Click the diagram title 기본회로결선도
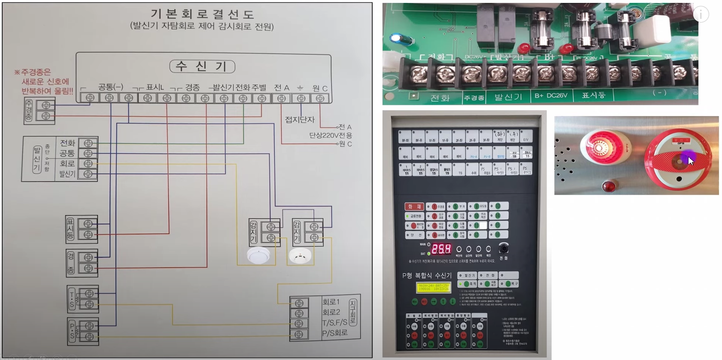click(202, 14)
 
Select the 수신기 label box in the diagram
click(202, 67)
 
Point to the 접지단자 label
click(300, 120)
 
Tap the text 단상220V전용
click(330, 135)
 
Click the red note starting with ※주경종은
click(44, 82)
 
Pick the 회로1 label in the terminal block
click(331, 302)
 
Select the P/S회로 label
click(335, 333)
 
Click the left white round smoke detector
click(258, 255)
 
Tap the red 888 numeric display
click(441, 249)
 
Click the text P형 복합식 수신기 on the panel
click(427, 275)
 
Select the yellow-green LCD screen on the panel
click(434, 288)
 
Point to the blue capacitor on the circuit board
click(396, 38)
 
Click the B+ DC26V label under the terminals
click(551, 95)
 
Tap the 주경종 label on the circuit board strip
click(474, 98)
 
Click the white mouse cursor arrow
click(690, 161)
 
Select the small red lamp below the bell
click(608, 187)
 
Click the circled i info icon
click(700, 15)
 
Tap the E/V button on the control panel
click(525, 137)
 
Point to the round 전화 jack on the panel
click(503, 248)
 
